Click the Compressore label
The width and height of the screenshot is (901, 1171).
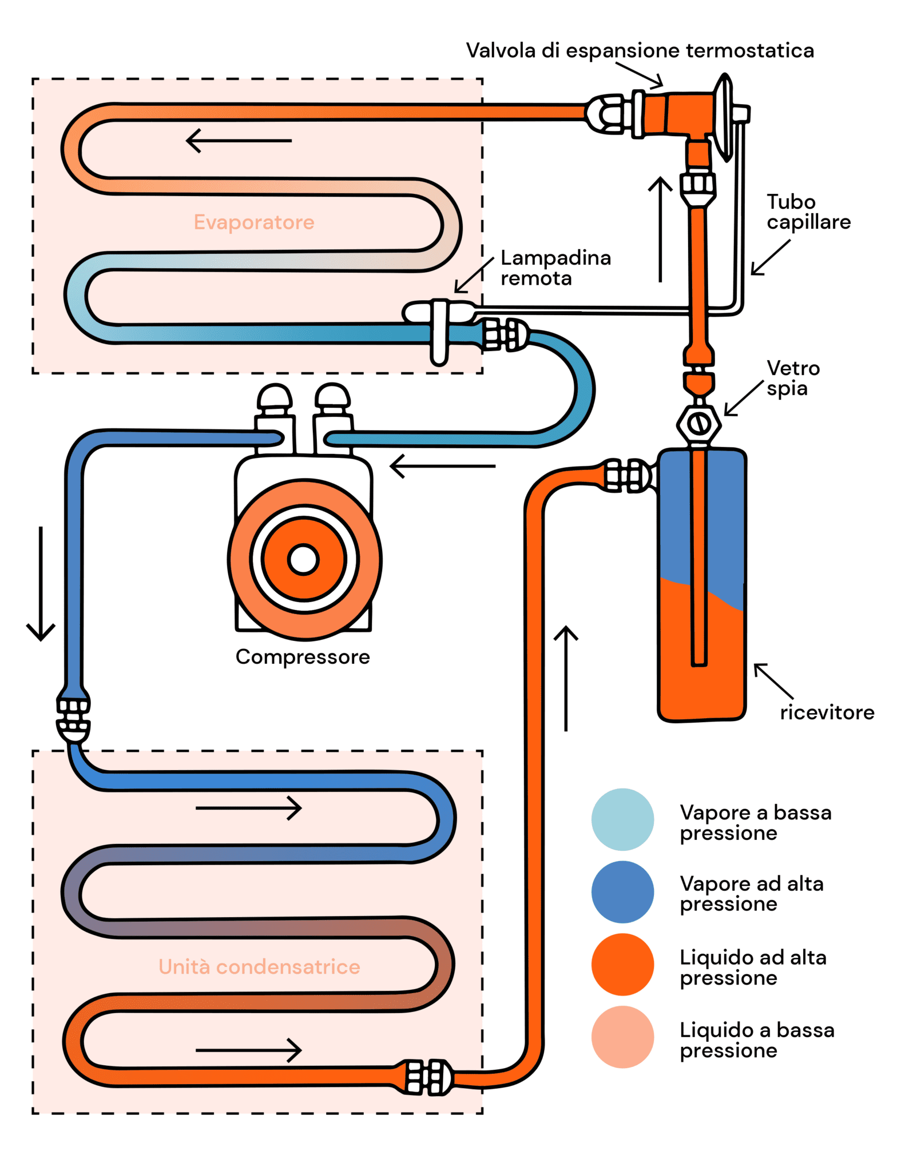click(303, 657)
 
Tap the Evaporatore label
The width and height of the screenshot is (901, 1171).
click(254, 222)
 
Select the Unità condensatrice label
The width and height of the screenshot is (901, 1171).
click(259, 966)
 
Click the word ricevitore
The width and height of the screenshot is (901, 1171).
click(827, 712)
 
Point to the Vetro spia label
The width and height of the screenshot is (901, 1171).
click(793, 378)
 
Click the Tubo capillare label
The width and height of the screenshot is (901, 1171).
click(808, 212)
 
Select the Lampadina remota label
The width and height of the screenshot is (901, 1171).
click(555, 268)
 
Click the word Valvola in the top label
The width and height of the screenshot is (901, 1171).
click(501, 50)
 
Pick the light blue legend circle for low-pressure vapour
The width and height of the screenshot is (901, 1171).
click(622, 819)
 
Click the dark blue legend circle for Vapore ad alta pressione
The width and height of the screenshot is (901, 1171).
click(622, 892)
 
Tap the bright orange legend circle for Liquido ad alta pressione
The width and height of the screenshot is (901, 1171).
click(622, 965)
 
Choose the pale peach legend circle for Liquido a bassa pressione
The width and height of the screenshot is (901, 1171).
click(622, 1037)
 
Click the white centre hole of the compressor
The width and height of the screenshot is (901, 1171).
click(304, 559)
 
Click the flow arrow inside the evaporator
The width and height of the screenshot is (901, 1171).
click(239, 141)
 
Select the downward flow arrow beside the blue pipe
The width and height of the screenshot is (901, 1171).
click(41, 583)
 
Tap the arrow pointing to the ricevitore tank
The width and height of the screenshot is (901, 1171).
click(773, 680)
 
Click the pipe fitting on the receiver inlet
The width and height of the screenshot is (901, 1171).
click(628, 475)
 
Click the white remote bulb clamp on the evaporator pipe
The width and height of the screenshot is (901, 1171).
click(439, 332)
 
